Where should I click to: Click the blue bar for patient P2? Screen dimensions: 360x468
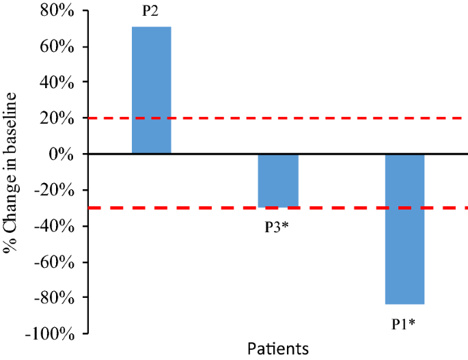(x=151, y=90)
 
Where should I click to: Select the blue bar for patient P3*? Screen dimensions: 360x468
(x=278, y=180)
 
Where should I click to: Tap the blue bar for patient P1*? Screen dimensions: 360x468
(x=405, y=229)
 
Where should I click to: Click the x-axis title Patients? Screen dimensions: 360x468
(x=278, y=349)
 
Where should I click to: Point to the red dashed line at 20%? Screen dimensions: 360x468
(x=328, y=118)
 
